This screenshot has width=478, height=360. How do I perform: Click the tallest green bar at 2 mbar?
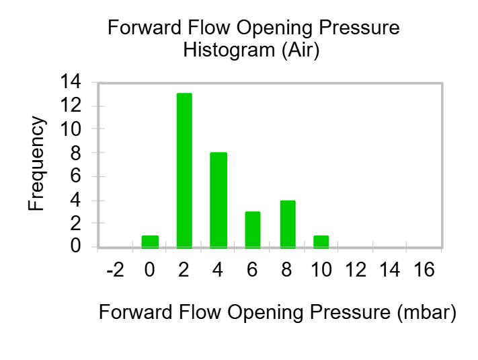coord(184,170)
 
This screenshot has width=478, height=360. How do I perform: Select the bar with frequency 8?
coord(218,200)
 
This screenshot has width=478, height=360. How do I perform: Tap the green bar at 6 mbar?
coord(253,229)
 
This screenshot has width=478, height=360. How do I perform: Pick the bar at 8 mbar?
coord(288,224)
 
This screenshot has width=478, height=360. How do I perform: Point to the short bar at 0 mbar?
coord(150,242)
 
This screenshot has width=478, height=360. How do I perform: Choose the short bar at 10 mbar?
coord(321,242)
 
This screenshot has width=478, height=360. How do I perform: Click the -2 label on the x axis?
coord(116,270)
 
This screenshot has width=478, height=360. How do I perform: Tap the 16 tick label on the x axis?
coord(424,270)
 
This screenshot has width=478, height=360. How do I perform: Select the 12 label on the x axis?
coord(356,270)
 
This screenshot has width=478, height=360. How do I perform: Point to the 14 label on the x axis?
coord(390,270)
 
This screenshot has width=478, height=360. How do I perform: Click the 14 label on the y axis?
coord(71,81)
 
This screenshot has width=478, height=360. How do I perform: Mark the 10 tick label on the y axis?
coord(71,129)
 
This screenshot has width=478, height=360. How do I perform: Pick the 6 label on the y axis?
coord(75,176)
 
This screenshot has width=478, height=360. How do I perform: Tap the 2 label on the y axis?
coord(75,223)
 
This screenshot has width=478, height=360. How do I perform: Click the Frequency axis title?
coord(37,164)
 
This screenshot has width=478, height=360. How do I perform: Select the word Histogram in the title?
coord(229,50)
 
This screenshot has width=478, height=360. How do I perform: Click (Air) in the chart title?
coord(301,50)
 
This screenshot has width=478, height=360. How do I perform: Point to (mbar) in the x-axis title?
coord(427,312)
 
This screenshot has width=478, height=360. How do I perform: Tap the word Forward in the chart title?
coord(145,28)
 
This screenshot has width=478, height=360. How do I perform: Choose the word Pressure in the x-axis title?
coord(350,312)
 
